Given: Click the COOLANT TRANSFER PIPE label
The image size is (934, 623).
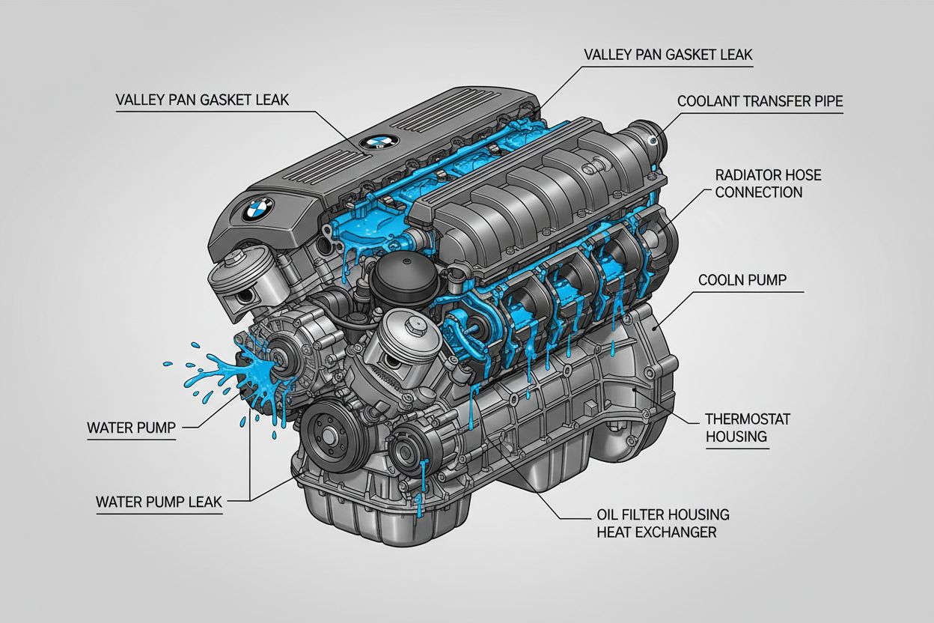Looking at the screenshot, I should click(x=760, y=100).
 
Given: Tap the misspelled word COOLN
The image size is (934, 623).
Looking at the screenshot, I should click(x=723, y=280).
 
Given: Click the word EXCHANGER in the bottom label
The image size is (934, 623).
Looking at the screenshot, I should click(x=656, y=532).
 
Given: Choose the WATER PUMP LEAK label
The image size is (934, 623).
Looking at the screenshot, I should click(x=159, y=501).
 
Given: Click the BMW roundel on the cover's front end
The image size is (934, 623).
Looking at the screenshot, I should click(x=258, y=209).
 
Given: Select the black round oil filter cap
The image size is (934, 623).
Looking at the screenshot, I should click(x=397, y=276).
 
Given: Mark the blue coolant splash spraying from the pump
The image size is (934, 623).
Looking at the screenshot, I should click(x=225, y=372).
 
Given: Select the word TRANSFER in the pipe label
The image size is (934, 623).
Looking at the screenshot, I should click(x=778, y=100).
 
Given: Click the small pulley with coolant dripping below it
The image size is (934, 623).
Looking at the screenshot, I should click(x=409, y=452).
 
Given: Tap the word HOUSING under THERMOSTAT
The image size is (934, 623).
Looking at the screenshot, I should click(x=736, y=437).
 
